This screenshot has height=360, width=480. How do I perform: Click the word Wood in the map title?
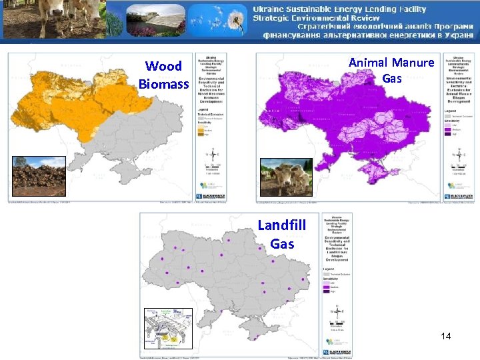point(163,66)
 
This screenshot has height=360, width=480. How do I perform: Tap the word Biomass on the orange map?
point(164,84)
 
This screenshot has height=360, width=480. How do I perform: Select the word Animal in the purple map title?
point(369,63)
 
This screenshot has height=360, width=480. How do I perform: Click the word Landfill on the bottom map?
point(282,225)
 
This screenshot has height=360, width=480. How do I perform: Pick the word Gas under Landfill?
point(282,243)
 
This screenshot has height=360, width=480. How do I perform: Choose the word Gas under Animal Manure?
point(392,79)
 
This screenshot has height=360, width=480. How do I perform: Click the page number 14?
point(446,336)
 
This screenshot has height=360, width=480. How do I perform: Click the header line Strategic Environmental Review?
point(317,17)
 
